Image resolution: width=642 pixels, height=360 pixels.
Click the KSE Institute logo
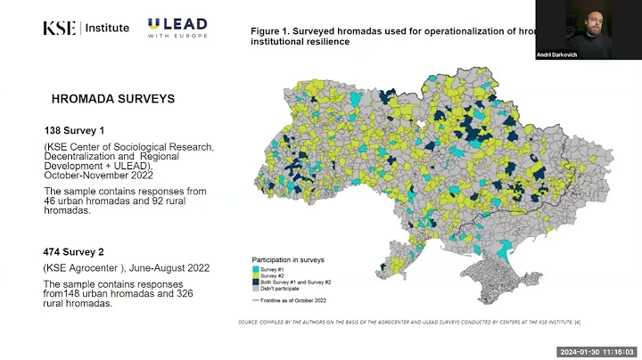coord(86,28)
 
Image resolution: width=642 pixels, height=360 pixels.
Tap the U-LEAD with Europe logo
coord(177,29)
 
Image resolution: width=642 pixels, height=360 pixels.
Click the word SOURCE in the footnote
coord(250,322)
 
